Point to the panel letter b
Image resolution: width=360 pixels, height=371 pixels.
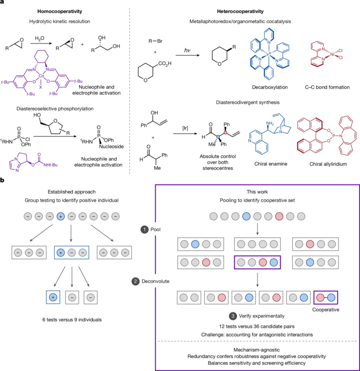(3, 180)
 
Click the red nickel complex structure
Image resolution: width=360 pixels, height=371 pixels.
(324, 53)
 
